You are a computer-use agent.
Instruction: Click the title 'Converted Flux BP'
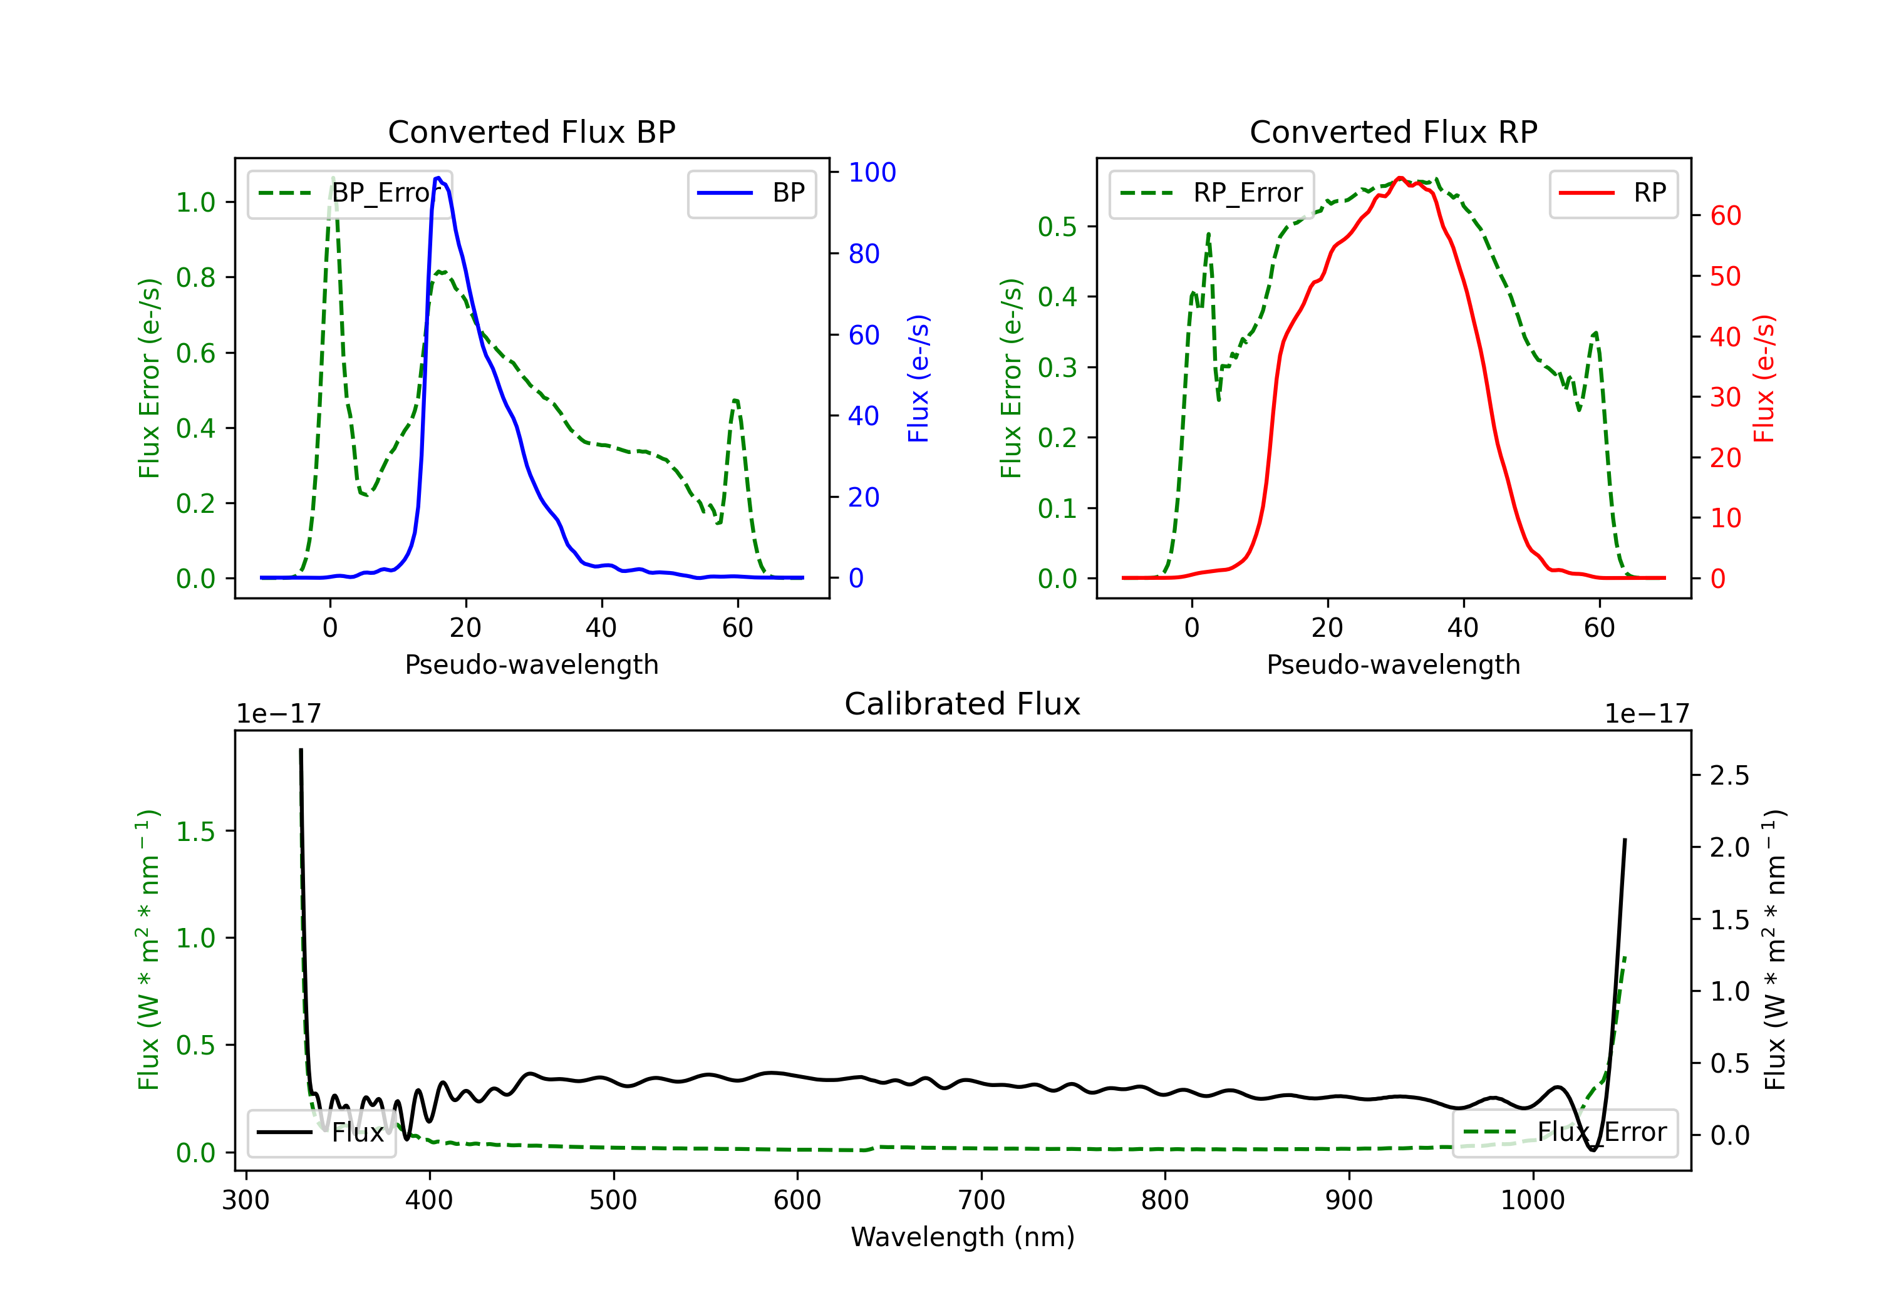pos(531,131)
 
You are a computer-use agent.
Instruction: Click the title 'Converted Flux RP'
pos(1393,131)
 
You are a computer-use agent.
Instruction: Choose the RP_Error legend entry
pos(1212,193)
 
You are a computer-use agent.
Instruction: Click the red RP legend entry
pos(1613,193)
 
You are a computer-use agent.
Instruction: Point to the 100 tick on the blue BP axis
pos(872,172)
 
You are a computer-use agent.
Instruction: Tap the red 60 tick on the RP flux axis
pos(1725,216)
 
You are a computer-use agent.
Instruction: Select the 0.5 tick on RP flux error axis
pos(1057,227)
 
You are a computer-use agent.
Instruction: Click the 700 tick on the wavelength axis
pos(981,1200)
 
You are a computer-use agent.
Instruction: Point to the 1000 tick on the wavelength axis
pos(1532,1200)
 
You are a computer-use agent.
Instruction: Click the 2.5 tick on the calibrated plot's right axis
pos(1729,775)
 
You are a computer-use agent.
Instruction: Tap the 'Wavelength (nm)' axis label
pos(963,1237)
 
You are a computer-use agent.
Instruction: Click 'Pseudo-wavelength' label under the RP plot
pos(1393,664)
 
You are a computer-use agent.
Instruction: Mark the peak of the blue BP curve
pos(438,178)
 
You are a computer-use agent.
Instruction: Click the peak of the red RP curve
pos(1399,178)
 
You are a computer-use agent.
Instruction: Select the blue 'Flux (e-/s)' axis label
pos(919,378)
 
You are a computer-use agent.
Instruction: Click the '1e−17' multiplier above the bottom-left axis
pos(278,714)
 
